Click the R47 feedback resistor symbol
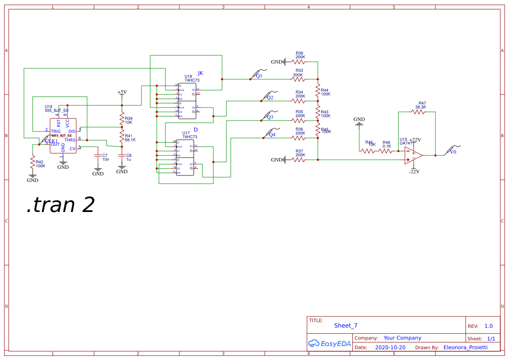coord(418,112)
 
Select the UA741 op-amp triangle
coord(413,155)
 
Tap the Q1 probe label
coord(259,76)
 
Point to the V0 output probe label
coord(453,152)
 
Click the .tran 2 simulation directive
coord(60,205)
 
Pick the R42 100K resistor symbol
coord(32,163)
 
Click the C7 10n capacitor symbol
coord(98,155)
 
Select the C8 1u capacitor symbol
coord(122,155)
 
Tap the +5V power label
coord(122,92)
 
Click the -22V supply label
coord(414,172)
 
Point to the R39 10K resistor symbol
coord(122,119)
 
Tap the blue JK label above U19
coord(200,73)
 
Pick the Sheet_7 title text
coord(346,326)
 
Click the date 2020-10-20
coord(390,347)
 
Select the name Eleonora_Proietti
coord(465,347)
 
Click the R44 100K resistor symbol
coord(318,92)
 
